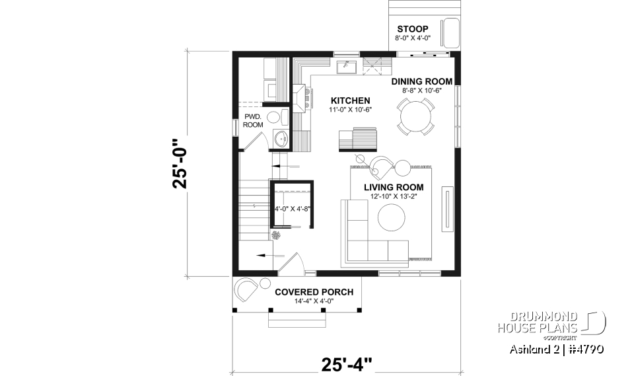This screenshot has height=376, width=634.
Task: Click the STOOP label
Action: tap(412, 29)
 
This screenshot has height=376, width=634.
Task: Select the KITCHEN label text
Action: tap(350, 100)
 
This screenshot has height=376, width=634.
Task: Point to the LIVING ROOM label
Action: tap(394, 187)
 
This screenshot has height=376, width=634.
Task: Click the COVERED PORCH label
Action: tap(314, 291)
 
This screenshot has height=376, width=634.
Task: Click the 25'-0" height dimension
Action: tap(183, 163)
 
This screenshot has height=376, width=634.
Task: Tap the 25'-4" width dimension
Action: tap(347, 363)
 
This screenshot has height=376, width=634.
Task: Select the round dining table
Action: tap(416, 117)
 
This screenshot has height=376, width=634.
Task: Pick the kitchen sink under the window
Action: tap(345, 66)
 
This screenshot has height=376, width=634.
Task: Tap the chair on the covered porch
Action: tap(246, 289)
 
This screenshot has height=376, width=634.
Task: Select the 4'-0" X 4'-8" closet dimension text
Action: tap(292, 209)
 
